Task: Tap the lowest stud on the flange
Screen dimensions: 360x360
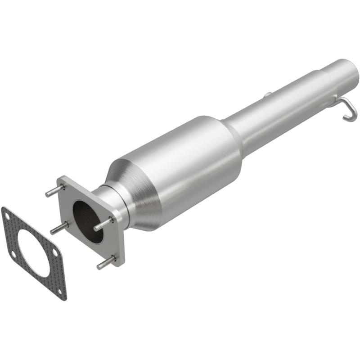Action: coord(105,263)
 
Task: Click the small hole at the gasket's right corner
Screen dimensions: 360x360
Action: coord(54,253)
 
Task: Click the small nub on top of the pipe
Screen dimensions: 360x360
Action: coord(267,94)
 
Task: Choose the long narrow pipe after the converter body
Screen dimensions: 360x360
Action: coord(274,112)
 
